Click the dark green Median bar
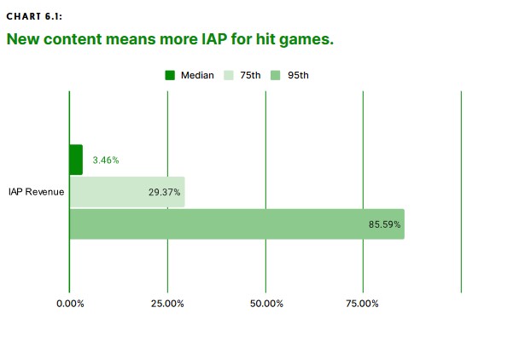[x=76, y=160]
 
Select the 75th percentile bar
[x=127, y=192]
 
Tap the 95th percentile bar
[x=237, y=224]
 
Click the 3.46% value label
[x=106, y=160]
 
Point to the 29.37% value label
[x=164, y=192]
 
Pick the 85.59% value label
[x=385, y=224]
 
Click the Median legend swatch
[x=170, y=75]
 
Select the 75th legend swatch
[x=229, y=75]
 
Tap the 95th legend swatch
[x=276, y=75]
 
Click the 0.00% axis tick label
[x=70, y=304]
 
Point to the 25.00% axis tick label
[x=167, y=304]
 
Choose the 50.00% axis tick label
[x=266, y=304]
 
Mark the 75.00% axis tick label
[x=362, y=304]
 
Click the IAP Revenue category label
[x=37, y=192]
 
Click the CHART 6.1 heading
[x=34, y=16]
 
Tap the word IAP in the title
[x=214, y=39]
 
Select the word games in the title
[x=306, y=40]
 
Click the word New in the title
[x=23, y=39]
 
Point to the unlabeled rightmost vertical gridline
[x=461, y=192]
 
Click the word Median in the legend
[x=197, y=75]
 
